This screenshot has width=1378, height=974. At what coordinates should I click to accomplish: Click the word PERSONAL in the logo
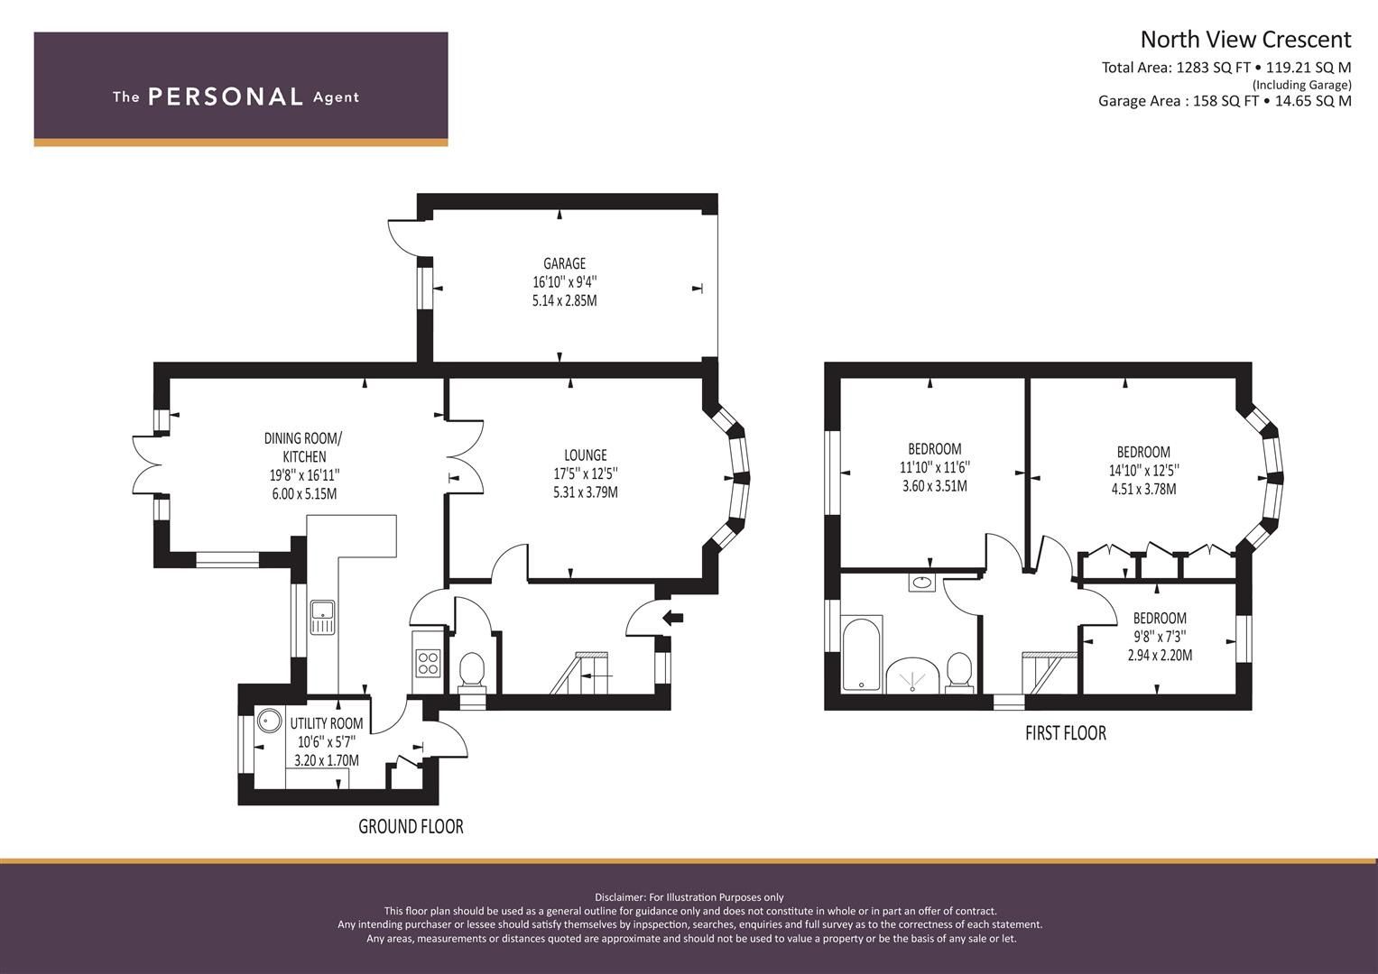[x=226, y=96]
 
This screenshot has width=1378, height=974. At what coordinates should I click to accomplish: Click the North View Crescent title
[x=1245, y=40]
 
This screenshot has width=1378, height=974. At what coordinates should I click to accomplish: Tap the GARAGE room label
[x=564, y=263]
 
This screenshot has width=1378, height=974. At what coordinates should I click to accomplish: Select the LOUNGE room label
[x=585, y=455]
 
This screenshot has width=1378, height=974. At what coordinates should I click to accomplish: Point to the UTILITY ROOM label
[x=326, y=723]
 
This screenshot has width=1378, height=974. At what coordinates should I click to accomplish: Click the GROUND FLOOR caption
[x=411, y=826]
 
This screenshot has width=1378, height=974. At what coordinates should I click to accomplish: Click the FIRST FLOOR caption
[x=1066, y=733]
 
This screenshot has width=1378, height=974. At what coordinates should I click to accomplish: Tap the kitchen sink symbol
[x=322, y=617]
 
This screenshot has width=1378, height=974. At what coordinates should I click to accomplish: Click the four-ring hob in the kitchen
[x=428, y=663]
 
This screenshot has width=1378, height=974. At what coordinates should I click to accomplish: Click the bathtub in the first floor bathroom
[x=861, y=654]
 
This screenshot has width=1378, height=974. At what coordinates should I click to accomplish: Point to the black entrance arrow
[x=673, y=618]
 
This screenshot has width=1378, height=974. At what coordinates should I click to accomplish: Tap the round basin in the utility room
[x=269, y=720]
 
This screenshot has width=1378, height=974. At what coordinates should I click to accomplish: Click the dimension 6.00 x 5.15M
[x=304, y=494]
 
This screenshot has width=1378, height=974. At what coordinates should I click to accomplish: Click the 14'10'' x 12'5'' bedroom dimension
[x=1143, y=471]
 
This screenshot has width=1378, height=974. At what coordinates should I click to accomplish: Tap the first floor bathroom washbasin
[x=920, y=582]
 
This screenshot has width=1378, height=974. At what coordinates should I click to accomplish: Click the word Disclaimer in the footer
[x=620, y=897]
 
